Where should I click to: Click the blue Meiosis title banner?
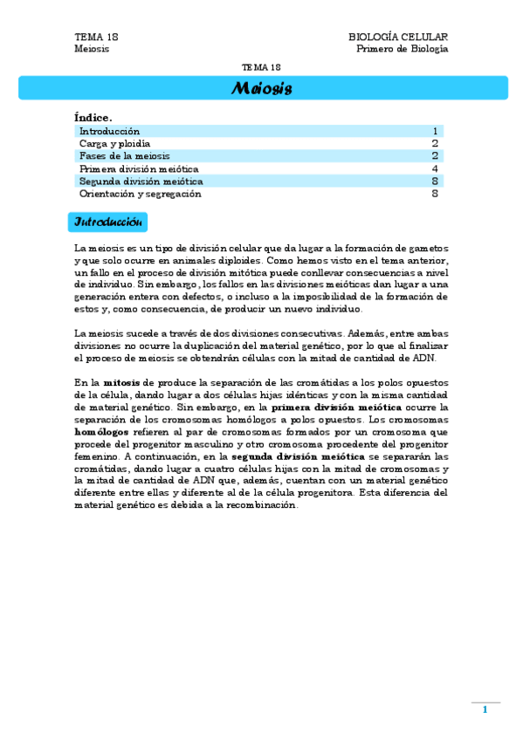click(x=262, y=88)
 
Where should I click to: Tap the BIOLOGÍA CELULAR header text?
click(x=398, y=37)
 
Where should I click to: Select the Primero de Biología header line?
click(x=402, y=49)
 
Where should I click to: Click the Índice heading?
click(x=93, y=117)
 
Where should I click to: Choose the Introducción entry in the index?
click(x=109, y=131)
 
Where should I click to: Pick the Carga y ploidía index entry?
click(x=114, y=143)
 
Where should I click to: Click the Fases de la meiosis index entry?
click(x=125, y=156)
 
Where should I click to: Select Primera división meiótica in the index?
click(x=139, y=168)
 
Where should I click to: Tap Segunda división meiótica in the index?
click(x=141, y=182)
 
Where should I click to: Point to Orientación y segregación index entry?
click(x=140, y=194)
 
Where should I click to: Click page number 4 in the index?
click(x=434, y=168)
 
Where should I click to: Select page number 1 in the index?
click(x=434, y=131)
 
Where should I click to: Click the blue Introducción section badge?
click(x=107, y=223)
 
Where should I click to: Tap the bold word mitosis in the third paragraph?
click(x=120, y=382)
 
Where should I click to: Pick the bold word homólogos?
click(x=100, y=431)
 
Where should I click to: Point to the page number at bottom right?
click(x=485, y=709)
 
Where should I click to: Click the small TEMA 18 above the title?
click(x=261, y=67)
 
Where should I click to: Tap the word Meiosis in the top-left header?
click(x=92, y=49)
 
